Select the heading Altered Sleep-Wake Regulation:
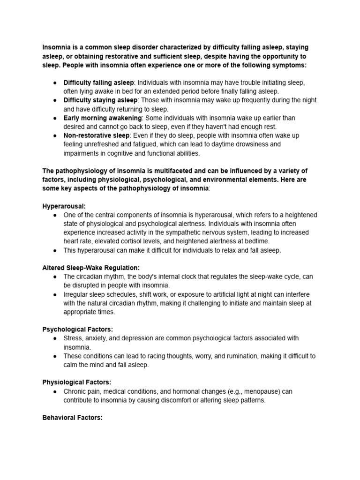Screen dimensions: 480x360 (x=91, y=268)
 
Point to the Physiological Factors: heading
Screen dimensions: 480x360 (x=77, y=382)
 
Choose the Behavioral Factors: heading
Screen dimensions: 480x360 (x=72, y=417)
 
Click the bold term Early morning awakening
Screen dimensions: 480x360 (x=103, y=118)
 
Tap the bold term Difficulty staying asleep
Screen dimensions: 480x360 (x=100, y=100)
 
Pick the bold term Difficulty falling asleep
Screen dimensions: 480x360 (x=98, y=82)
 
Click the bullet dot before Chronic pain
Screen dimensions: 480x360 (x=55, y=391)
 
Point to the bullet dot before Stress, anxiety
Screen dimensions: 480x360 (x=55, y=338)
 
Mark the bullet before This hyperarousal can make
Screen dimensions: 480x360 (x=55, y=250)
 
